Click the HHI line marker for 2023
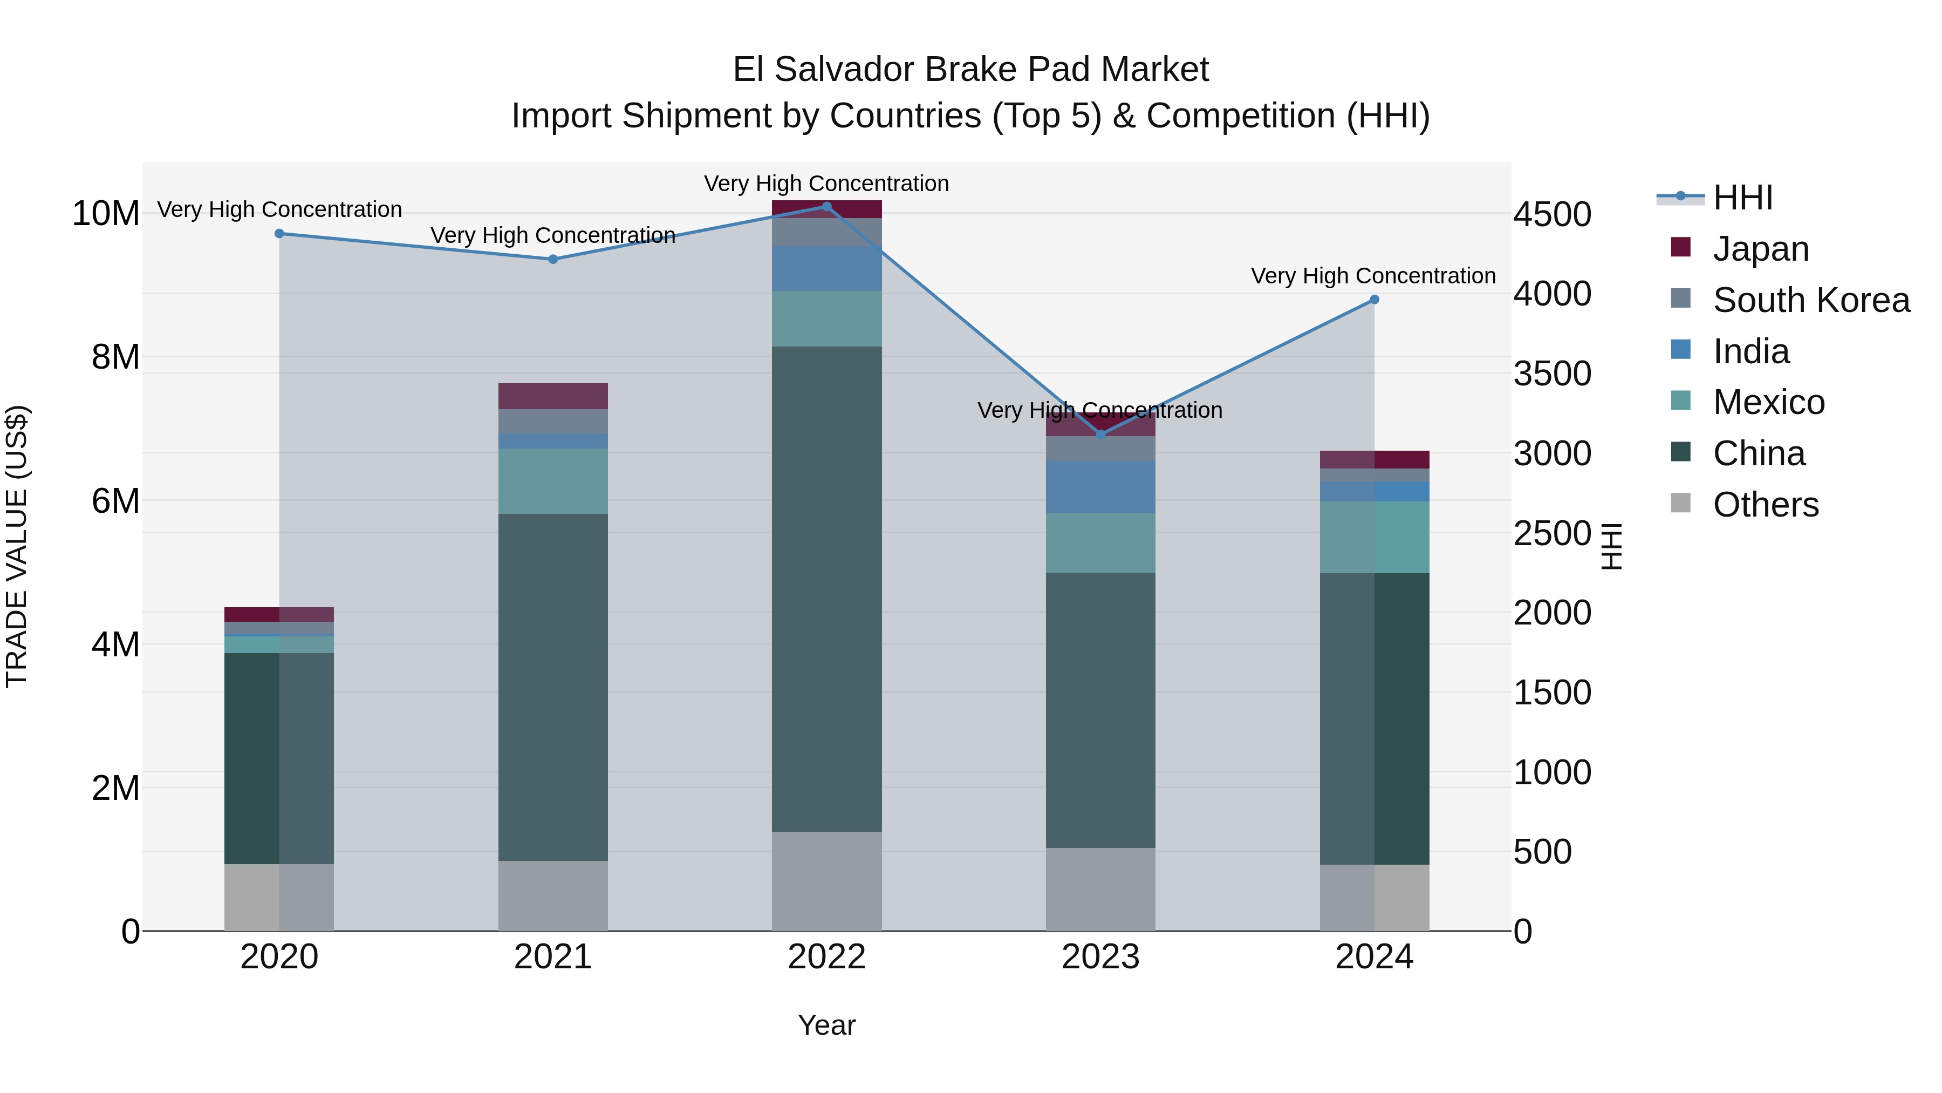(x=1100, y=435)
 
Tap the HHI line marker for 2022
(x=826, y=206)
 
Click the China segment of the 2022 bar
(x=826, y=588)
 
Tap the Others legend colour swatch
(x=1680, y=503)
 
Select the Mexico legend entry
(x=1768, y=402)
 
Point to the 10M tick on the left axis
(x=106, y=213)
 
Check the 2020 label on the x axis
(x=279, y=957)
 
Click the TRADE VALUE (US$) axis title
(x=17, y=546)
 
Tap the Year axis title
(x=826, y=1025)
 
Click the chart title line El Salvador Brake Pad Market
(x=970, y=70)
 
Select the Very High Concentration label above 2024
(x=1373, y=276)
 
